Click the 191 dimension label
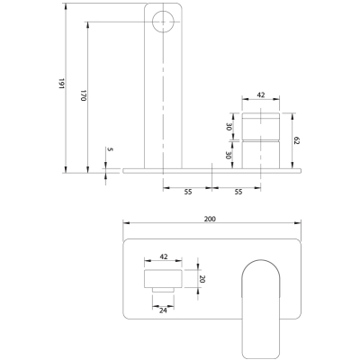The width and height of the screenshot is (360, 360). click(x=61, y=84)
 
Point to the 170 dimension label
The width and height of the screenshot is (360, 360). click(x=84, y=95)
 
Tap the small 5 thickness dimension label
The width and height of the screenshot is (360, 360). click(x=110, y=149)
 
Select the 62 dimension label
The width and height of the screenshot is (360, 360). click(x=297, y=140)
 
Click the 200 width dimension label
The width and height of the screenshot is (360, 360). click(x=210, y=219)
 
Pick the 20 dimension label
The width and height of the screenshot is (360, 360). click(x=202, y=279)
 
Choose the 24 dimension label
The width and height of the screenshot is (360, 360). click(x=163, y=310)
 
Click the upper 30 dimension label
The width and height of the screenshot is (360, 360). click(x=229, y=127)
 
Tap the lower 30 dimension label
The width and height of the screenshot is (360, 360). click(x=229, y=156)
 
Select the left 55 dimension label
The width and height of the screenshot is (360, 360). click(x=188, y=192)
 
